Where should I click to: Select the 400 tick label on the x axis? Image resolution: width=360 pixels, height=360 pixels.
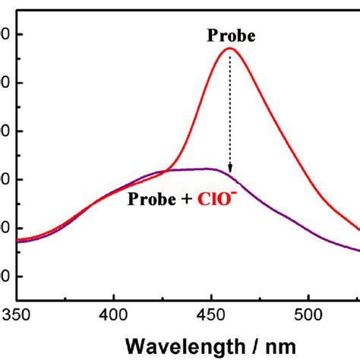[x=113, y=313]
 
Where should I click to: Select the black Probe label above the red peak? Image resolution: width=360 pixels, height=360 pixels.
[x=230, y=35]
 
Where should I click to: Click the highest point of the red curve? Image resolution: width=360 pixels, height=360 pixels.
[x=229, y=49]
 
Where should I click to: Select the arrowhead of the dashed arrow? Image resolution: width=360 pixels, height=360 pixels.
[x=230, y=169]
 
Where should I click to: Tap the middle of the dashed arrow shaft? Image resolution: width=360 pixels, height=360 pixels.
[x=230, y=110]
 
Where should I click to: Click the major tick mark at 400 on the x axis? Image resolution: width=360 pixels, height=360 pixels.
[x=113, y=297]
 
